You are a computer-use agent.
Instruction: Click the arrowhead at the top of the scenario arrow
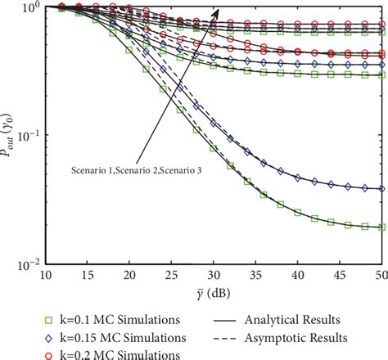[x=217, y=12]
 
